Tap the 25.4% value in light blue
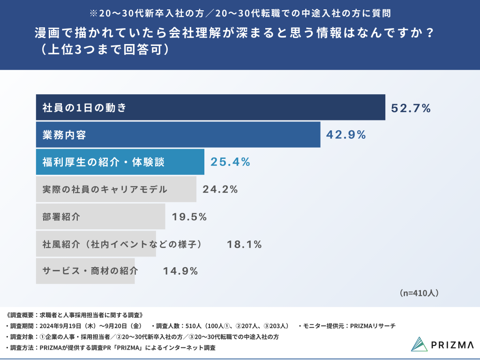pyautogui.click(x=230, y=162)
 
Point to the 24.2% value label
pyautogui.click(x=220, y=189)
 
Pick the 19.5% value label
pyautogui.click(x=189, y=217)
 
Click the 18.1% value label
pyautogui.click(x=244, y=244)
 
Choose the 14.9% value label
pyautogui.click(x=180, y=271)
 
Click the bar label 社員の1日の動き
pyautogui.click(x=84, y=108)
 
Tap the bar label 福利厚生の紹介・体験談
pyautogui.click(x=104, y=162)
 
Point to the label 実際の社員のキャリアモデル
pyautogui.click(x=105, y=189)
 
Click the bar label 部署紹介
pyautogui.click(x=61, y=217)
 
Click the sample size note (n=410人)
pyautogui.click(x=419, y=293)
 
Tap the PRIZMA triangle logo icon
pyautogui.click(x=419, y=344)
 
